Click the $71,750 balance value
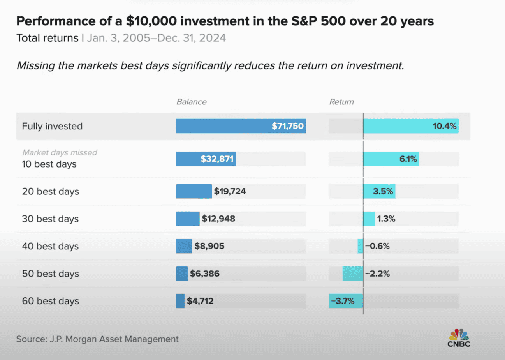(x=287, y=126)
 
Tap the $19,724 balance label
(x=230, y=192)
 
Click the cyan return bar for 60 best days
(x=346, y=301)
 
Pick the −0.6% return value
(x=377, y=246)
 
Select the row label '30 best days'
(x=50, y=219)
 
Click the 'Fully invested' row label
(x=52, y=126)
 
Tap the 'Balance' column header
(x=192, y=102)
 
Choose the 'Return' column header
(x=341, y=102)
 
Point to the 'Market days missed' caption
(x=59, y=153)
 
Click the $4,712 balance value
(x=200, y=301)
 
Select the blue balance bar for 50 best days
(x=182, y=274)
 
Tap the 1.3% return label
(x=386, y=219)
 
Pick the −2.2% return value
(x=377, y=274)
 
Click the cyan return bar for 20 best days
(x=379, y=192)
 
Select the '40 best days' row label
(x=50, y=246)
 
